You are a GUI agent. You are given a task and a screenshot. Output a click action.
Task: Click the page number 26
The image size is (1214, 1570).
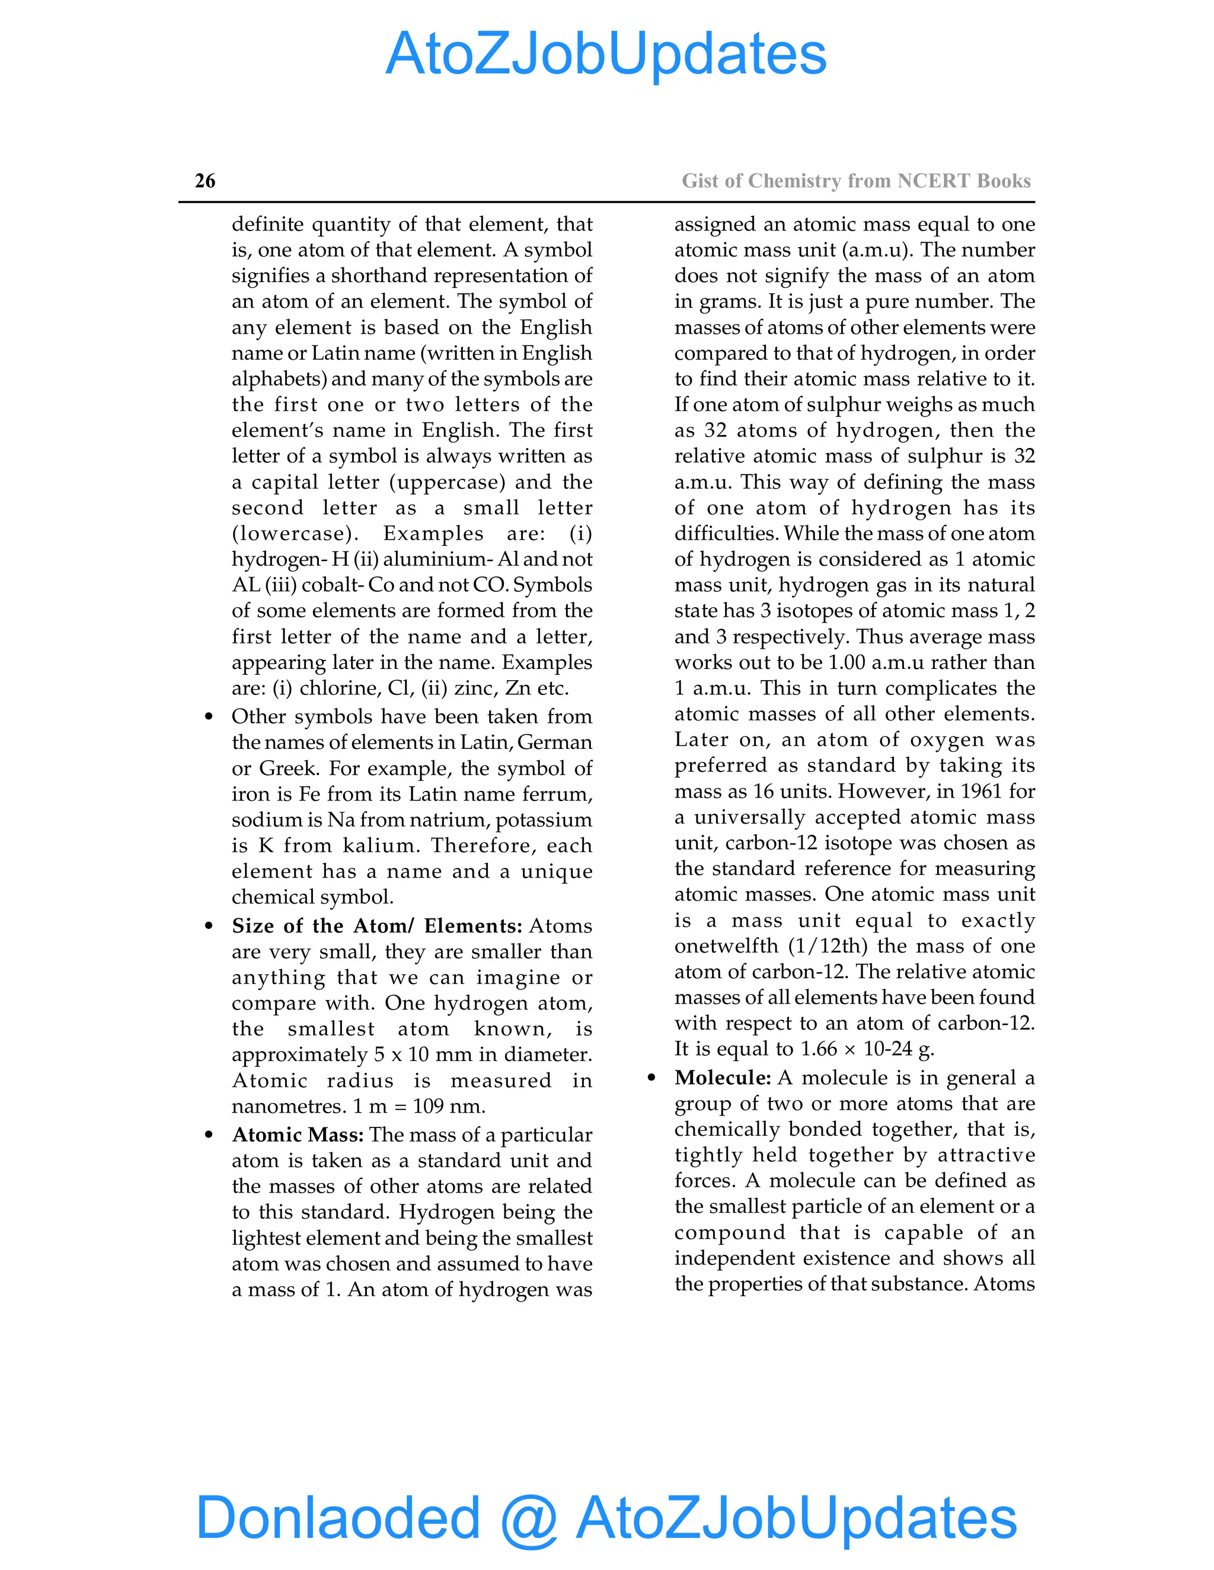[x=205, y=181]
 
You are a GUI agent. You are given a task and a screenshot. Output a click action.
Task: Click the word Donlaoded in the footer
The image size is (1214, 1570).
[x=338, y=1517]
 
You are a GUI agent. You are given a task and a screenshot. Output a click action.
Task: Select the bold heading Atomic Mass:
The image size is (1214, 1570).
[x=298, y=1135]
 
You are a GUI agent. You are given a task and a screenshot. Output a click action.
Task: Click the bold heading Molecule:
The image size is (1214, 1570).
[x=723, y=1077]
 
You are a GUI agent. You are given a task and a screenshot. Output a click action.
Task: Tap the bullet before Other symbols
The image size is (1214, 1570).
[x=209, y=717]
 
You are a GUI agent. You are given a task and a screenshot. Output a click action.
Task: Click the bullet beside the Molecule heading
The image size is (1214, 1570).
[x=651, y=1078]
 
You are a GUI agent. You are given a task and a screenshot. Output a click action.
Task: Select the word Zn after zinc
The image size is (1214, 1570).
[x=518, y=688]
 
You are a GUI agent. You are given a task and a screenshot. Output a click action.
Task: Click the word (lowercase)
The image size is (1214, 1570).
[x=295, y=533]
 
